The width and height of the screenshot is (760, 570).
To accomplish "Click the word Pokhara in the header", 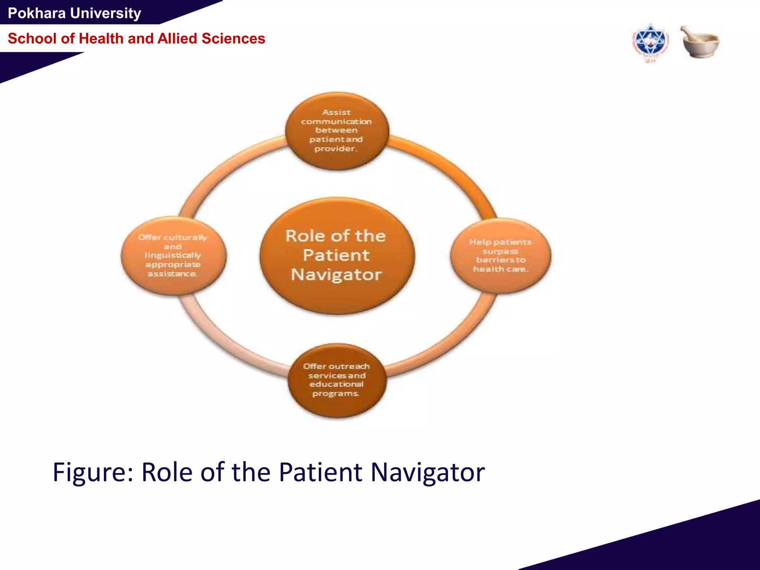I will [36, 13].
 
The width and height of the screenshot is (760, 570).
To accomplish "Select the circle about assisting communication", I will [337, 131].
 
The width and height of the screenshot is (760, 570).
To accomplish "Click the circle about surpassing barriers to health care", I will [500, 255].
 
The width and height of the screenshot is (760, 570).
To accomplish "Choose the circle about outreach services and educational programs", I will [337, 380].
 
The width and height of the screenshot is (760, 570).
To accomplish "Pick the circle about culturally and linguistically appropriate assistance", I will [173, 255].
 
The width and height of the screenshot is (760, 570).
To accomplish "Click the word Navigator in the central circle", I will [336, 275].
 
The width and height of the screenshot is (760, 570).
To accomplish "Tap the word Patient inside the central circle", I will [336, 255].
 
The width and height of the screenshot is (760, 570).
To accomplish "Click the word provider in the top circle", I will [335, 149].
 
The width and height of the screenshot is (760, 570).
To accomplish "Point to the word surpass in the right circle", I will [500, 251].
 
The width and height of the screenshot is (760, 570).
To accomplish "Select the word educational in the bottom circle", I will [336, 384].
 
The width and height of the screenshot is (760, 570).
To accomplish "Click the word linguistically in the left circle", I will [173, 255].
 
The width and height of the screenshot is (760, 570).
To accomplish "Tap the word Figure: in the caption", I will [93, 472].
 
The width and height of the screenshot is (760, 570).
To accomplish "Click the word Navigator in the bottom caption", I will [427, 472].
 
